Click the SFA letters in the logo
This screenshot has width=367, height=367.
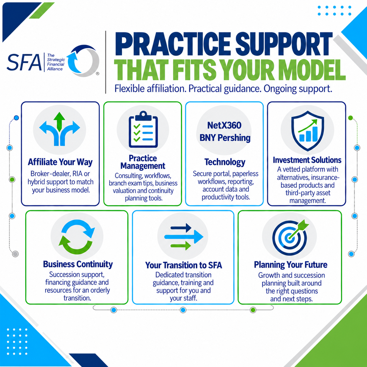click(x=24, y=62)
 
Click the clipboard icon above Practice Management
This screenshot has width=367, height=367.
click(x=143, y=129)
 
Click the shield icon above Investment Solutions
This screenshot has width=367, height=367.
click(x=308, y=131)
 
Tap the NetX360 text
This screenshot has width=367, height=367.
click(x=224, y=125)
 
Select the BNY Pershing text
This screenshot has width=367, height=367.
click(x=225, y=138)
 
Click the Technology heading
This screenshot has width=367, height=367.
click(x=225, y=162)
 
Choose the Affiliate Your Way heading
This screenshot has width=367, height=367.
click(x=60, y=162)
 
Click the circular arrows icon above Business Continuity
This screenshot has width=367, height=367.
click(x=77, y=237)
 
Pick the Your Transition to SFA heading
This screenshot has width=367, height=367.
click(x=183, y=265)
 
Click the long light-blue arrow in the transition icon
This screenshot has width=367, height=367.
click(x=184, y=237)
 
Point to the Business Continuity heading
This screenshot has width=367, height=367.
click(x=78, y=264)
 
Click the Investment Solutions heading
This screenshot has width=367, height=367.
click(x=307, y=160)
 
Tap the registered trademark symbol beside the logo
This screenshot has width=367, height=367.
click(x=97, y=73)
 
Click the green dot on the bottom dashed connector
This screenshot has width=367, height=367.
click(x=253, y=310)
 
